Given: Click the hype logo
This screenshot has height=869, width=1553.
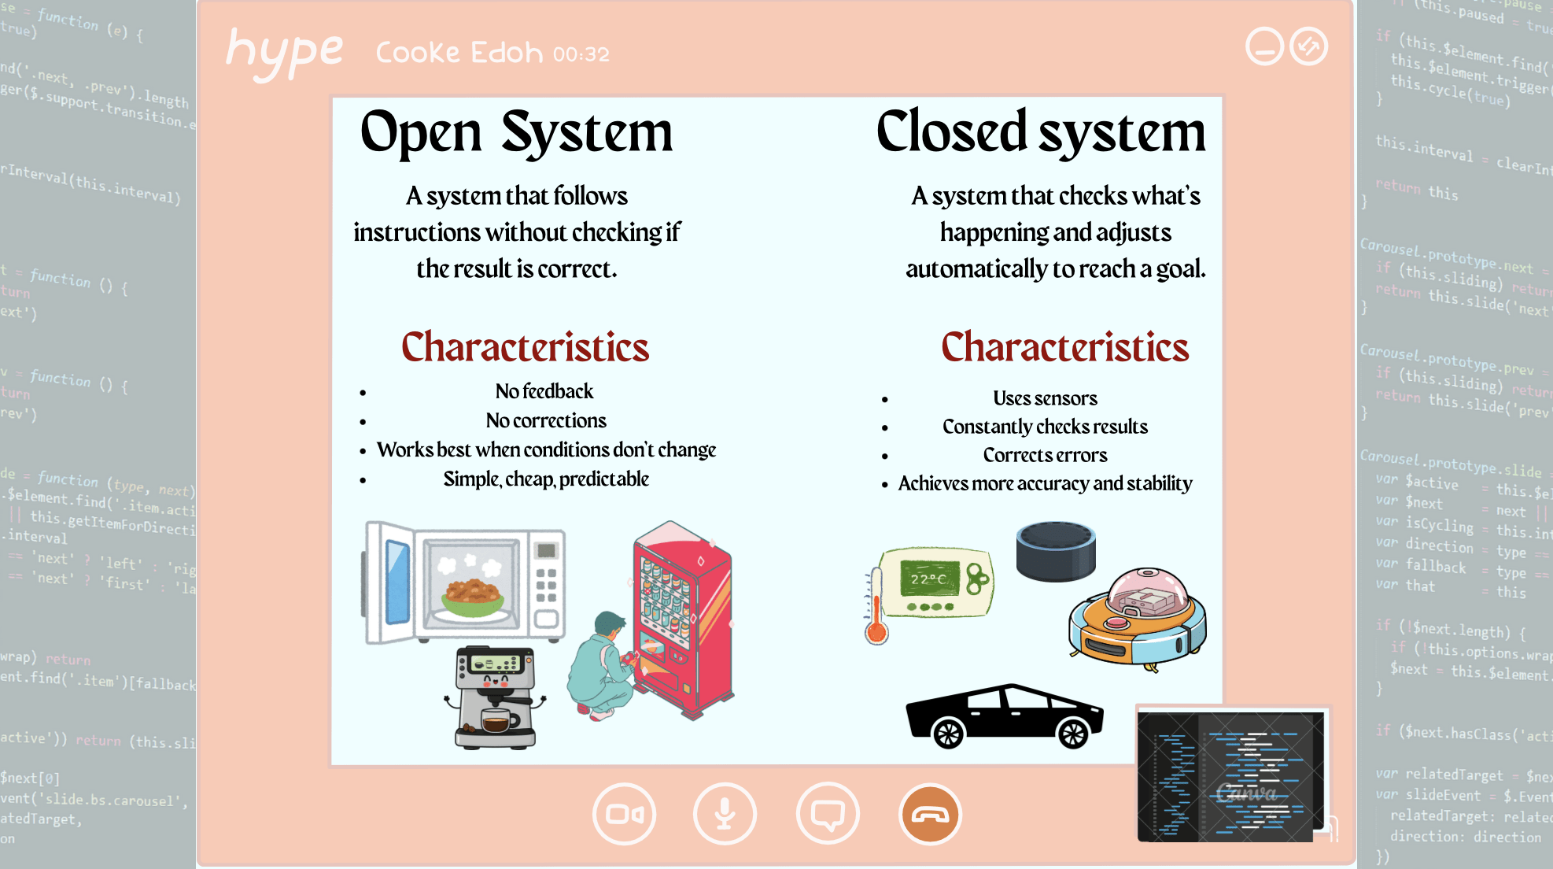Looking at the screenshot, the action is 284,52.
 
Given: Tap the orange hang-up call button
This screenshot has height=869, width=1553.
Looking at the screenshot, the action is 930,814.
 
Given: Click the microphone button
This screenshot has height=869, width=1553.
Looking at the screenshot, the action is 725,814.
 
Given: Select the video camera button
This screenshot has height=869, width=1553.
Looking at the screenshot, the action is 625,814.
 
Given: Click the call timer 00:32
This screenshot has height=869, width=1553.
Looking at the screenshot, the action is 581,54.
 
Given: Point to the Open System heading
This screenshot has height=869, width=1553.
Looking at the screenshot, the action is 516,132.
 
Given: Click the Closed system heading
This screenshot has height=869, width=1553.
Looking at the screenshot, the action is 1040,132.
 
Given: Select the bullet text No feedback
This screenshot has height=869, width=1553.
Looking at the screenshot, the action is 544,391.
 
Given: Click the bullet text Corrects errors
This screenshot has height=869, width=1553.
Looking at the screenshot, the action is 1045,455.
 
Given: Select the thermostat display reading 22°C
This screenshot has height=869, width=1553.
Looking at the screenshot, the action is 930,579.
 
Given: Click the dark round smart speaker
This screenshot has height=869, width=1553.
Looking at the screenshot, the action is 1056,551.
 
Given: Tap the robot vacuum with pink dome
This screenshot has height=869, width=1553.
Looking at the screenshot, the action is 1138,618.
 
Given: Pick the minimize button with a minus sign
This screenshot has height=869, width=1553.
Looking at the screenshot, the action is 1264,46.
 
